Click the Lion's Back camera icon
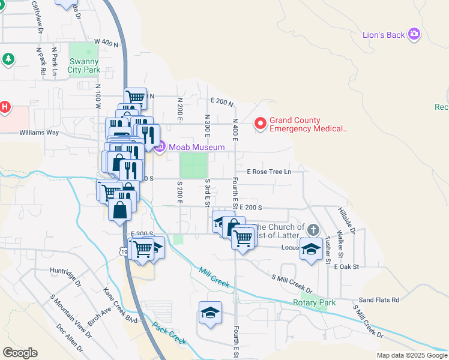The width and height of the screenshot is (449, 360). (x=414, y=34)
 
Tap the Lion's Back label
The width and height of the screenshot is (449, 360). (x=384, y=35)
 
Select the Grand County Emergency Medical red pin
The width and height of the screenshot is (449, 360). (x=261, y=124)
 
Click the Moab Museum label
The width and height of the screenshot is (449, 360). (x=196, y=147)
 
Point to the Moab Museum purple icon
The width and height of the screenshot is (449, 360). (x=160, y=146)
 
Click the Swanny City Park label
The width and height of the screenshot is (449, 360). (x=84, y=65)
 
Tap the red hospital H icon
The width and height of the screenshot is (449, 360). (x=5, y=107)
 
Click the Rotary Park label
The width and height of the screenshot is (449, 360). (x=314, y=303)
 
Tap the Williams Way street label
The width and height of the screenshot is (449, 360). (x=39, y=132)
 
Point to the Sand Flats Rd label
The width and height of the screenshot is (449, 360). (x=379, y=300)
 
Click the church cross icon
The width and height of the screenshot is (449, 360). (x=313, y=230)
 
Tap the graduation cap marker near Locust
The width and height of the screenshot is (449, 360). (x=311, y=250)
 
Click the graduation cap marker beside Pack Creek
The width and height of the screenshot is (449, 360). (x=210, y=313)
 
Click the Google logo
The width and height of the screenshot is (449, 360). (x=20, y=352)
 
